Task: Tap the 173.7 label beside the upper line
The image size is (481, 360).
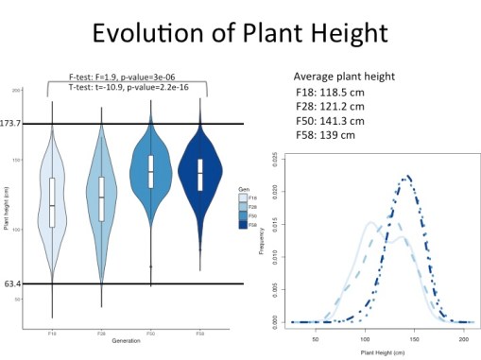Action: [x=14, y=124]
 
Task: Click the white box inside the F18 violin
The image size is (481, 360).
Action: [x=52, y=201]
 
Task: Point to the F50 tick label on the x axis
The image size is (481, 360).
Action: [x=150, y=334]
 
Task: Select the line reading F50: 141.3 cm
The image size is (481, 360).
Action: [x=338, y=120]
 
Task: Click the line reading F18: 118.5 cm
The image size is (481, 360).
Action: [x=338, y=93]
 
